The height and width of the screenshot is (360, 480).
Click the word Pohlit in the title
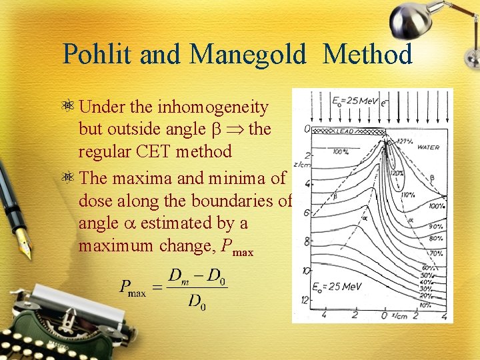point(97,54)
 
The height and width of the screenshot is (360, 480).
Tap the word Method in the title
point(367,54)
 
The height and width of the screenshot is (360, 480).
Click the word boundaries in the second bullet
point(239,200)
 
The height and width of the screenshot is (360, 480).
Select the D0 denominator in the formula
point(197,303)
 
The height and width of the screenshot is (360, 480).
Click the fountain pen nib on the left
point(24,243)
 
